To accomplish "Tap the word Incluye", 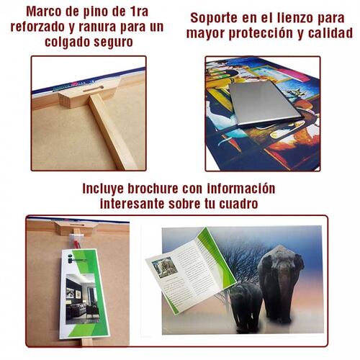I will click(x=107, y=189).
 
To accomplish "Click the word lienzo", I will click(x=287, y=18).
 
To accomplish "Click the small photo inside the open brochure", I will click(x=165, y=267).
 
